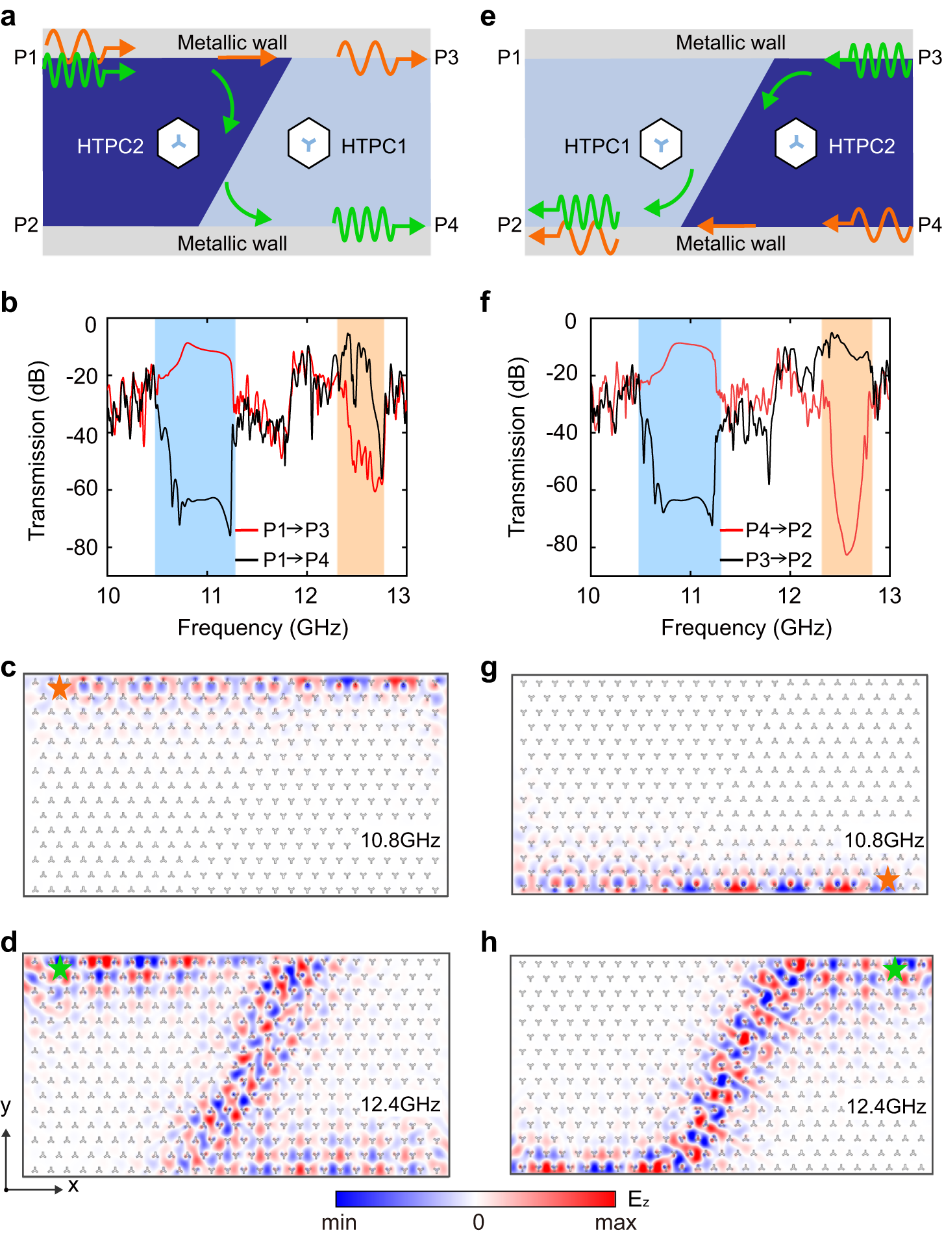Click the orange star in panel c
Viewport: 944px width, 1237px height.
tap(59, 687)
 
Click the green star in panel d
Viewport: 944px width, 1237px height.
tap(60, 968)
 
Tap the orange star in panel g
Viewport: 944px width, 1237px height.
tap(887, 879)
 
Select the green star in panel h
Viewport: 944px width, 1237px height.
tap(895, 969)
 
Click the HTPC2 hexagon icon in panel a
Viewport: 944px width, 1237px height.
tap(179, 143)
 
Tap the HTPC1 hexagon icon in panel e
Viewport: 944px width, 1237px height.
tap(661, 143)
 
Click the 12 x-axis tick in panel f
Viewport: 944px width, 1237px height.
tap(789, 595)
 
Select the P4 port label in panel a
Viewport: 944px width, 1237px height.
tap(446, 225)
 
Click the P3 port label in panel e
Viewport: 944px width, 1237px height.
tap(929, 58)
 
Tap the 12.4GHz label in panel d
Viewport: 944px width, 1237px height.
tap(401, 1104)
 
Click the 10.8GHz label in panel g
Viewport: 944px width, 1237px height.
tap(884, 840)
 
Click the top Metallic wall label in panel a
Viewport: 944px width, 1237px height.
tap(232, 43)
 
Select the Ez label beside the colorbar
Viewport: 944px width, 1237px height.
tap(638, 1199)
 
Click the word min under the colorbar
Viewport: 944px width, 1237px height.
tap(339, 1222)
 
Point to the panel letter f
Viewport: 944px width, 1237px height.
tap(485, 302)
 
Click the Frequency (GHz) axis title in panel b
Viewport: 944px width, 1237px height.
tap(263, 628)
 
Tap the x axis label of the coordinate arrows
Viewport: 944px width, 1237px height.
tap(73, 1186)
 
